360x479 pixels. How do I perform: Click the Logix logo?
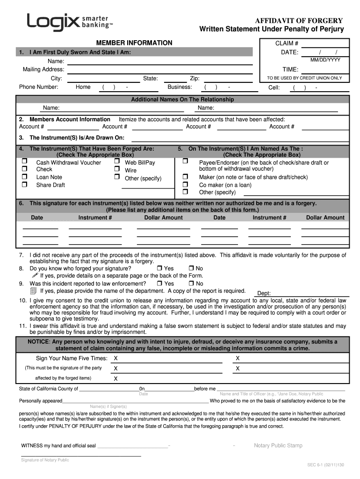click(x=70, y=22)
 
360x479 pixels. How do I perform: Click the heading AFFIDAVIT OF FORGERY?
click(x=298, y=21)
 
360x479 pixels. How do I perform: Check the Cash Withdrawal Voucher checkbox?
click(x=24, y=162)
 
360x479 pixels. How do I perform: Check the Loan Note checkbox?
click(x=24, y=177)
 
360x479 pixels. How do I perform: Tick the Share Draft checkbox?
click(x=24, y=185)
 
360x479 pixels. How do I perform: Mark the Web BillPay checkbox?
click(x=117, y=162)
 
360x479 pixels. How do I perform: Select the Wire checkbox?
click(x=117, y=170)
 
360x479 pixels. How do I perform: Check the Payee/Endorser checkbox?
click(x=185, y=162)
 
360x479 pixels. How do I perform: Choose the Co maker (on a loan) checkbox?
click(x=185, y=185)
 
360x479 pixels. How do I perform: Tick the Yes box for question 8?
click(x=159, y=269)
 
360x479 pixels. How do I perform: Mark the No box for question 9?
click(x=191, y=283)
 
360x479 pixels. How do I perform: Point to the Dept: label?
click(x=264, y=293)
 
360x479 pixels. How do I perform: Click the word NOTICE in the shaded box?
click(x=38, y=341)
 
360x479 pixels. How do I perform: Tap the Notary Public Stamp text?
click(x=278, y=445)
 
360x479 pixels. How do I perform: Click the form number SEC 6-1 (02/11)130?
click(x=325, y=465)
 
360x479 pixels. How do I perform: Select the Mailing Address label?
click(x=43, y=70)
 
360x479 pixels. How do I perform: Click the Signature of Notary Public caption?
click(x=45, y=460)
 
